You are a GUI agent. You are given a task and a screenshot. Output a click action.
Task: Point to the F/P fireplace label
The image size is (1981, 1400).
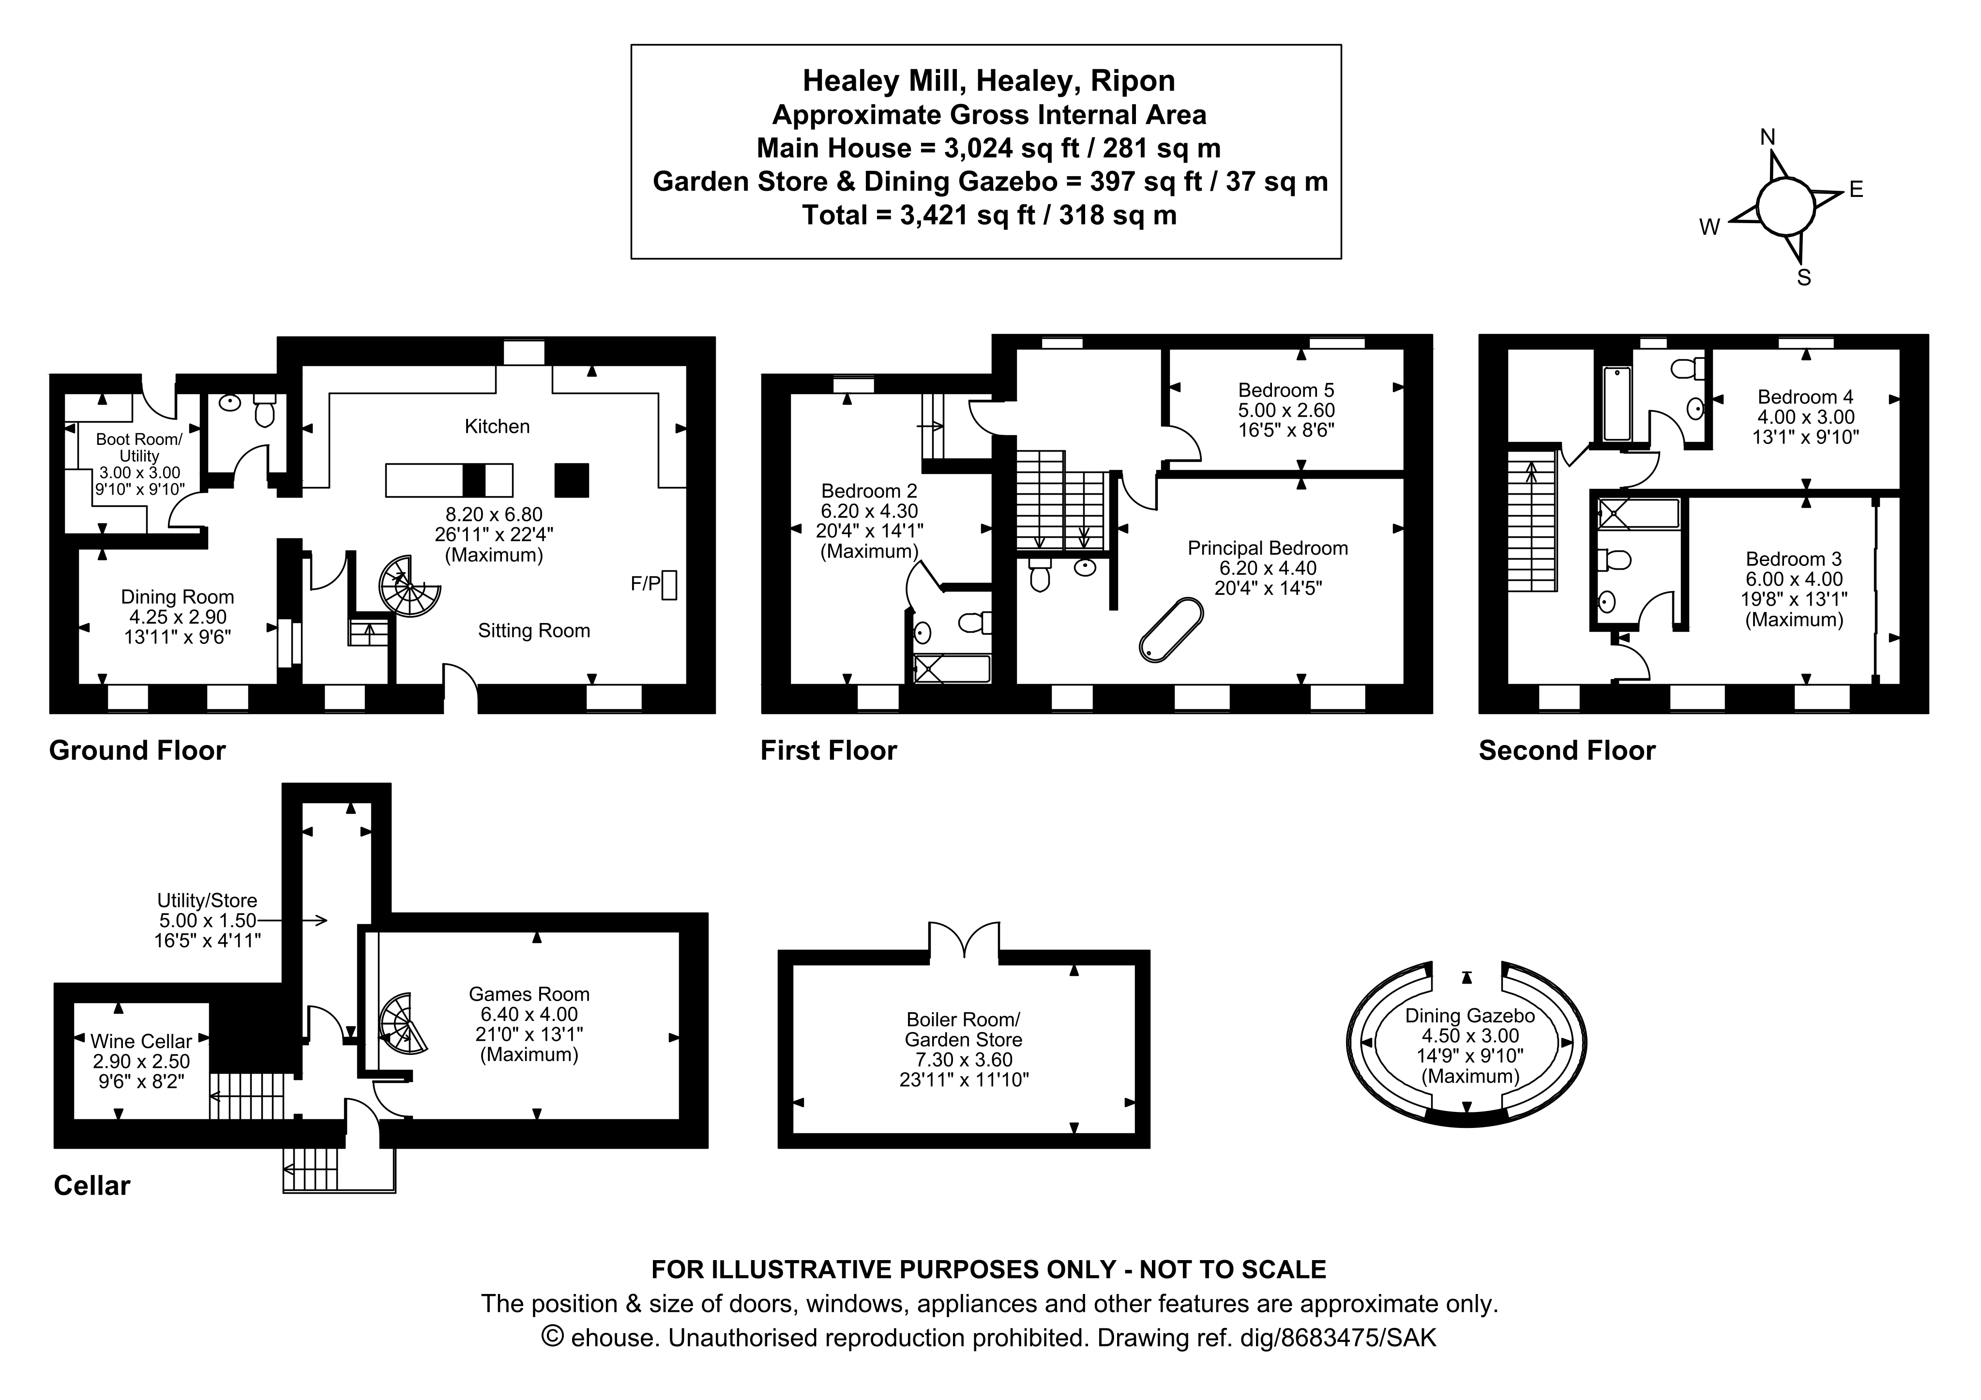pos(645,584)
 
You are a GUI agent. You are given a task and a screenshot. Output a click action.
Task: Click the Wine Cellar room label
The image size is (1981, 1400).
pos(141,1041)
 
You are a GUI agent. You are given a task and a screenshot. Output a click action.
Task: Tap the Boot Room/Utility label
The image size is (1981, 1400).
pos(139,447)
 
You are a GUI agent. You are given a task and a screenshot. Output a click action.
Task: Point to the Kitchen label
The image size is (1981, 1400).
pos(497,426)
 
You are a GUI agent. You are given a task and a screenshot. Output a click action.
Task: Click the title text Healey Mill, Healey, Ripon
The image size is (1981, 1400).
pos(989,80)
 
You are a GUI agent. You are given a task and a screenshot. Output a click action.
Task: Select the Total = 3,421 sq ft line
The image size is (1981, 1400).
pos(989,215)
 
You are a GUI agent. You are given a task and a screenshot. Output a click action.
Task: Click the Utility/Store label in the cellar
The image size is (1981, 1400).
pos(207,900)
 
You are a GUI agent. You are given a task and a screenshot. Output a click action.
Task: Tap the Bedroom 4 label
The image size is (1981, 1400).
pos(1805,397)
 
